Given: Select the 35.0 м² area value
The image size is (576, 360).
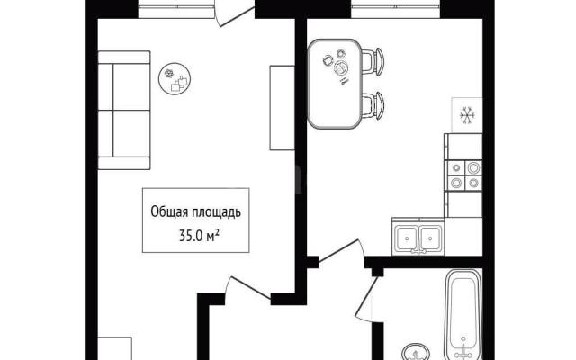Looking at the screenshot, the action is (200, 236).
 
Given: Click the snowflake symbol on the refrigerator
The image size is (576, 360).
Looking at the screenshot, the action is (468, 115).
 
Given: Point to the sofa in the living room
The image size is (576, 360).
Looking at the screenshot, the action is (124, 110).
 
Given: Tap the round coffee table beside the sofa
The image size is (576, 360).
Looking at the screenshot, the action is (175, 78).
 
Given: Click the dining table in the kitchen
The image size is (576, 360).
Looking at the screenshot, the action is (334, 84).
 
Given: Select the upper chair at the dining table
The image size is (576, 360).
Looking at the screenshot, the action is (373, 62).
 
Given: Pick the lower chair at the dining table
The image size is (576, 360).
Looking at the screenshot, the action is (373, 106).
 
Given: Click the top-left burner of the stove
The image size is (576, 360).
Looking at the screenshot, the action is (456, 168).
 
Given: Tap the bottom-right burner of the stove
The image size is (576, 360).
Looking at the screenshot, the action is (473, 182).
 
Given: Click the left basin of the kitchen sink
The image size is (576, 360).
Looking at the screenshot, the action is (407, 238).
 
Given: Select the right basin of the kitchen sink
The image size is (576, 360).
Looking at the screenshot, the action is (430, 238).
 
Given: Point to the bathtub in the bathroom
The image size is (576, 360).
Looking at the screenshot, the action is (463, 314).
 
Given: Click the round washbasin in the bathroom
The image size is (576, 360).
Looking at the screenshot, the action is (416, 352).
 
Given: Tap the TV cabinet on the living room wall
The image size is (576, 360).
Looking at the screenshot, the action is (282, 108).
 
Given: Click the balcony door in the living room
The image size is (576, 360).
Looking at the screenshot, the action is (234, 13).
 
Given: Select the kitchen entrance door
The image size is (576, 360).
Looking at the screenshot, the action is (341, 251).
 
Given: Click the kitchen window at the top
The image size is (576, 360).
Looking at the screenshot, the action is (396, 9).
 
